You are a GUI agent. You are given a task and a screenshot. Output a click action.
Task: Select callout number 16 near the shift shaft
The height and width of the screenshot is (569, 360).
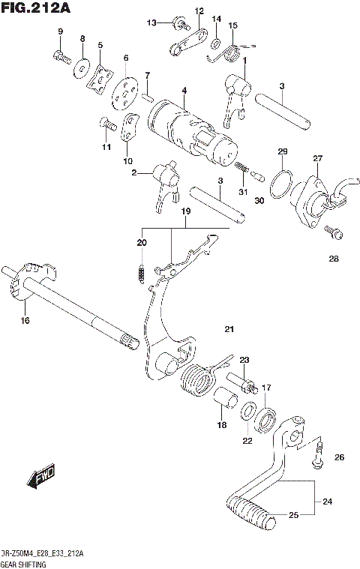(x=25, y=321)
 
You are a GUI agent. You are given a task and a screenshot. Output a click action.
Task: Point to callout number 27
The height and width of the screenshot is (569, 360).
(x=317, y=158)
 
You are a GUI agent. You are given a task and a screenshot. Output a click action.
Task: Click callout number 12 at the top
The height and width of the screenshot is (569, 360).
(x=199, y=10)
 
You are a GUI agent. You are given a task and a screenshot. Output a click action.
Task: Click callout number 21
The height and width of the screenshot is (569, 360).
(x=229, y=329)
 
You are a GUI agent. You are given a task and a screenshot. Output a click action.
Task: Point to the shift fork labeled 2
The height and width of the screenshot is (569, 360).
(x=167, y=183)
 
